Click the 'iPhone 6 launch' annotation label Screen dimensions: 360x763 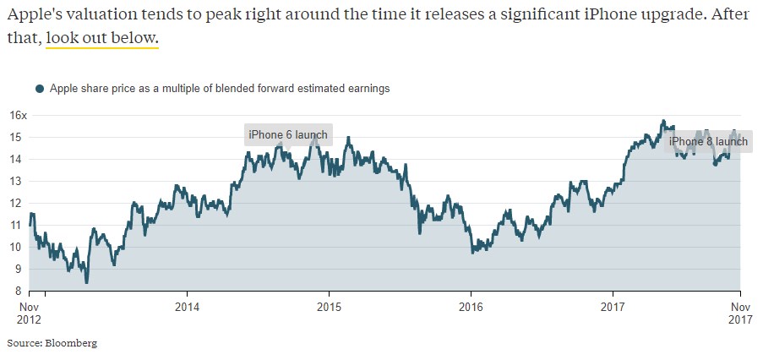coord(287,135)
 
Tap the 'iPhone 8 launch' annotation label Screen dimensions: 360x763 coord(708,141)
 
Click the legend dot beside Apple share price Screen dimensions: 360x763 coord(39,88)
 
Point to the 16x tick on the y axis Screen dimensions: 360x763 coord(18,115)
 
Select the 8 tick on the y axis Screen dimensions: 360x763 coord(22,291)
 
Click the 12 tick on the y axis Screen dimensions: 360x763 coord(19,203)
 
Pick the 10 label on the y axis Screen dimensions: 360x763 coord(19,247)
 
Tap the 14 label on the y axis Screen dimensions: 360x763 coord(19,159)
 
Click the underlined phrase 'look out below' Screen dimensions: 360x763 coord(101,38)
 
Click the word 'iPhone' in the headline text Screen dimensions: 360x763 coord(531,14)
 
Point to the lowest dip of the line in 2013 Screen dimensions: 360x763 coord(87,282)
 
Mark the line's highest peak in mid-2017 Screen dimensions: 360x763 coord(663,120)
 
